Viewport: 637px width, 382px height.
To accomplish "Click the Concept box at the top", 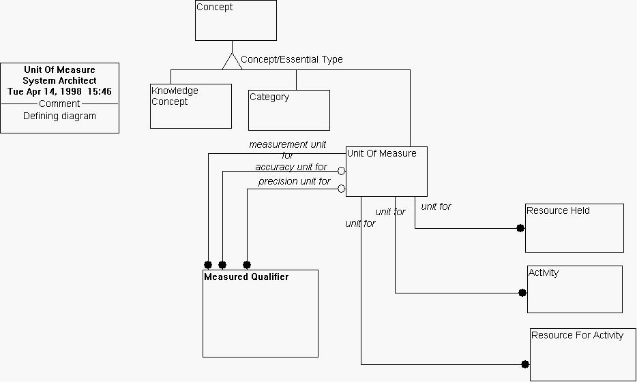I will pyautogui.click(x=236, y=20).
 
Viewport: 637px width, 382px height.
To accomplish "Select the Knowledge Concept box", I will pyautogui.click(x=191, y=106).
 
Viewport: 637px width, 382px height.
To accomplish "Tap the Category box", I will pyautogui.click(x=288, y=110).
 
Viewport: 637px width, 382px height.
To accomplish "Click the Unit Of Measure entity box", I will pyautogui.click(x=387, y=172).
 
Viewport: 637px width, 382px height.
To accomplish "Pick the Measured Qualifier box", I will pyautogui.click(x=261, y=313).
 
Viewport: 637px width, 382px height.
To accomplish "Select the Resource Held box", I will pyautogui.click(x=574, y=227).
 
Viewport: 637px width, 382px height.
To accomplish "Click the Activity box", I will pyautogui.click(x=574, y=289).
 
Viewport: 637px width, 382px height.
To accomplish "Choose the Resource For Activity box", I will pyautogui.click(x=582, y=354).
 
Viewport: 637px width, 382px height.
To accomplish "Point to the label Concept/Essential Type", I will pyautogui.click(x=292, y=59).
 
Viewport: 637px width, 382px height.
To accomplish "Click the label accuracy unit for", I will pyautogui.click(x=291, y=167).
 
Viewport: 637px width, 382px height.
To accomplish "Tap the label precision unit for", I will pyautogui.click(x=294, y=181).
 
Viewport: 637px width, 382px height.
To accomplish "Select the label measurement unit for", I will pyautogui.click(x=287, y=149).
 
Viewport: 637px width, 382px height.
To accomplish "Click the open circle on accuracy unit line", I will pyautogui.click(x=342, y=171).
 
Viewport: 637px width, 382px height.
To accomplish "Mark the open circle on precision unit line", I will pyautogui.click(x=342, y=189).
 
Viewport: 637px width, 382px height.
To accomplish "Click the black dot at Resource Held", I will pyautogui.click(x=520, y=228).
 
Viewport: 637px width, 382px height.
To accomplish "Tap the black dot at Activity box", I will pyautogui.click(x=522, y=293).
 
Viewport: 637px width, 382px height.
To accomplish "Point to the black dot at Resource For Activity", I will pyautogui.click(x=525, y=364).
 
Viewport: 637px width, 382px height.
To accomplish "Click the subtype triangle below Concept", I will pyautogui.click(x=232, y=61).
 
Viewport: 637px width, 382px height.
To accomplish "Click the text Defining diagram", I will pyautogui.click(x=59, y=116).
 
